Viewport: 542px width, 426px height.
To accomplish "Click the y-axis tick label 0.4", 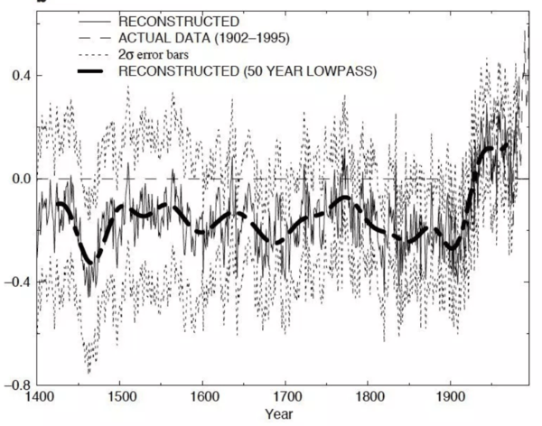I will pyautogui.click(x=18, y=75).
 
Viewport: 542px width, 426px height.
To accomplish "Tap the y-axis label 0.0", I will pyautogui.click(x=18, y=179).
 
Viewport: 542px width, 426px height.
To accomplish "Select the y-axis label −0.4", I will pyautogui.click(x=15, y=282).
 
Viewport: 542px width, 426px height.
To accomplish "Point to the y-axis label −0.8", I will pyautogui.click(x=15, y=384).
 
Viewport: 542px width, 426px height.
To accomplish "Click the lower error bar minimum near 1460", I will pyautogui.click(x=89, y=371).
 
